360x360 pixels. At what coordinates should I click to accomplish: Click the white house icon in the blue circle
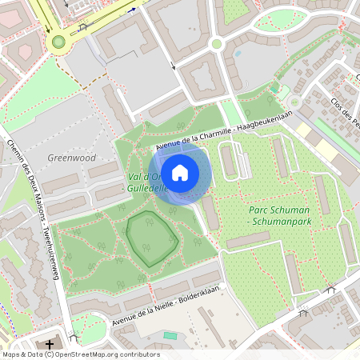click(x=181, y=172)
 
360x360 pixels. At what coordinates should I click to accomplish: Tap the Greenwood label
click(x=72, y=158)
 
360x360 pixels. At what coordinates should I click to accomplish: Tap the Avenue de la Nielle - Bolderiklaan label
click(x=166, y=306)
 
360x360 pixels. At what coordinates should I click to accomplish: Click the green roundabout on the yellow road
click(x=58, y=42)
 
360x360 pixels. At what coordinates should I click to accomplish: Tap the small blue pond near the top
click(x=237, y=54)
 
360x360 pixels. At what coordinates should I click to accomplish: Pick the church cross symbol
click(x=50, y=345)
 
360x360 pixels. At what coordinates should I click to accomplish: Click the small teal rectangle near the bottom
click(x=170, y=335)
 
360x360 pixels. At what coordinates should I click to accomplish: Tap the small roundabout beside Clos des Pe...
click(x=294, y=102)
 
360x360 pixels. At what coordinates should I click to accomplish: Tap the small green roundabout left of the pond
click(x=216, y=44)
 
